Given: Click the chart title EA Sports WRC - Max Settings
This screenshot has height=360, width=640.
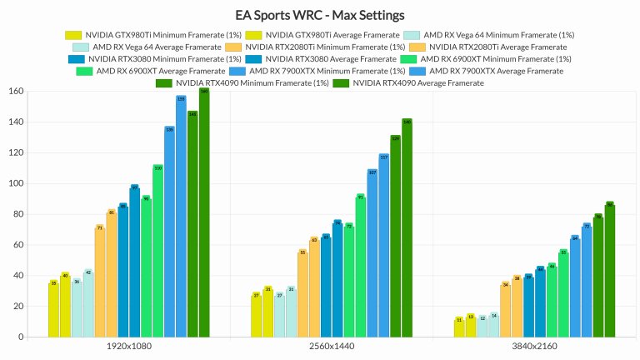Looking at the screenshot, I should pos(320,15).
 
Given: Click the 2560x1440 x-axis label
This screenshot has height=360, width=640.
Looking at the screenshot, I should pos(331,345).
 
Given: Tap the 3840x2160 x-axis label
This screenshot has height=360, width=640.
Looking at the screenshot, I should pos(535,345).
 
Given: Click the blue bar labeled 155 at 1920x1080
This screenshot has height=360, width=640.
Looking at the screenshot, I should pos(181,217).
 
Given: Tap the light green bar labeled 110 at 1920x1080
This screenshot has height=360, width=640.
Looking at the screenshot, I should pos(157,251).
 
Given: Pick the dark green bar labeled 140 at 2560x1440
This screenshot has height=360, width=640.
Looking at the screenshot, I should pos(407,228).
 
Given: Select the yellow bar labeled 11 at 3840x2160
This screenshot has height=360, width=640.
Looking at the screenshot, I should pos(459,328).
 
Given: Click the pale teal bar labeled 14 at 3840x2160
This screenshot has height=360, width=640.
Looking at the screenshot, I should pos(494,326).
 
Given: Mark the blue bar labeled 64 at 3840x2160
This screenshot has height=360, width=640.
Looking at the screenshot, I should pos(575,287).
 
